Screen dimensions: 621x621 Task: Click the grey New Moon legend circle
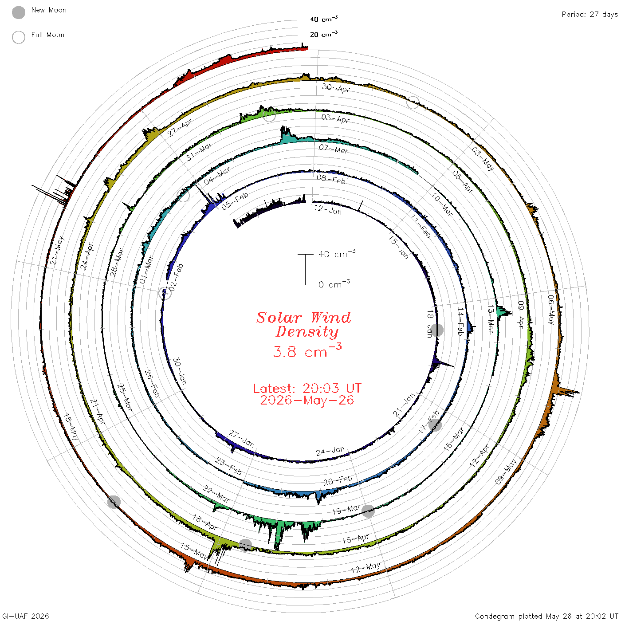coord(18,12)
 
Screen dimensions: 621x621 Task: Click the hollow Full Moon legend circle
coord(18,37)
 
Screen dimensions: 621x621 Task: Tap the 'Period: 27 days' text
coord(590,15)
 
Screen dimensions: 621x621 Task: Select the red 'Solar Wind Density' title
coord(303,325)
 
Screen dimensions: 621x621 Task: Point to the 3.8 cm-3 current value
coord(307,350)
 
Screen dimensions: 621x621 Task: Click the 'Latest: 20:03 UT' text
coord(307,388)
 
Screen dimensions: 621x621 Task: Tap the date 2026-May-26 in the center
coord(307,400)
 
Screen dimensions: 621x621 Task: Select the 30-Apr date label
coord(336,87)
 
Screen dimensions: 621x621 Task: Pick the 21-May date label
coord(57,251)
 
